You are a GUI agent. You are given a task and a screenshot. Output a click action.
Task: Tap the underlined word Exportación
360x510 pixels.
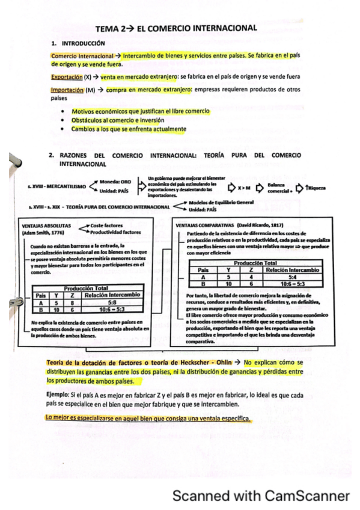67,77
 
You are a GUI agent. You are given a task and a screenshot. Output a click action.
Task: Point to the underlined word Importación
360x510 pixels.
67,90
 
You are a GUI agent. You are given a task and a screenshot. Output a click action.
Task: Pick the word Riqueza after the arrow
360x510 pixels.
317,188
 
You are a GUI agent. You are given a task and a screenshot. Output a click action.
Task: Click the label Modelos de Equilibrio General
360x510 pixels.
221,202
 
